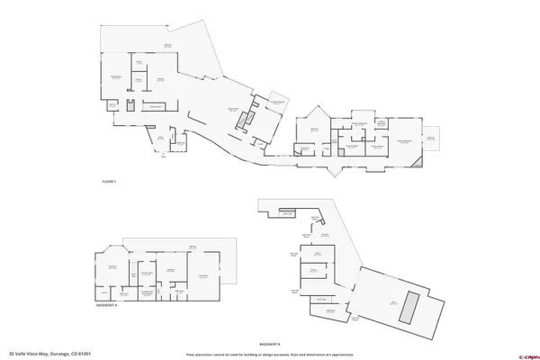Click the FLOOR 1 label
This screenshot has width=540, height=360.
point(109,182)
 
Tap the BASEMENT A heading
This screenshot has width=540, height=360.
point(107,305)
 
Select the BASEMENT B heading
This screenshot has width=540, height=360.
point(270,343)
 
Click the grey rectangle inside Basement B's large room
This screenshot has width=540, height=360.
point(410,307)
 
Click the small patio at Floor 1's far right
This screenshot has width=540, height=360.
point(431,139)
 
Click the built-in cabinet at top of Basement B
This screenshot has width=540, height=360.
point(287,213)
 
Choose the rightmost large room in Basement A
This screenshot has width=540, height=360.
point(202,274)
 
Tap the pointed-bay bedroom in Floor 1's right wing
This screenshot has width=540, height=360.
point(316,130)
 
